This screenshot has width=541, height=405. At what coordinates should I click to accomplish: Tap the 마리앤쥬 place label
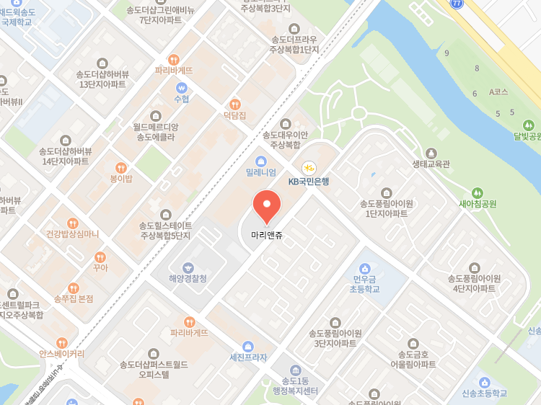click(267, 235)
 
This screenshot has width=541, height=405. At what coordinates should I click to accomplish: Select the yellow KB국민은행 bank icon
click(309, 167)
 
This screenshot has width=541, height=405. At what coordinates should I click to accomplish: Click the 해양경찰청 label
click(188, 278)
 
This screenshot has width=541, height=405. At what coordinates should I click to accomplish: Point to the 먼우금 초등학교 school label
click(365, 283)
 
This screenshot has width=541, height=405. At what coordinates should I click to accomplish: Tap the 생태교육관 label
click(431, 164)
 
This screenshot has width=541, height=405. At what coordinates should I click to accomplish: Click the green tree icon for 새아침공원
click(478, 192)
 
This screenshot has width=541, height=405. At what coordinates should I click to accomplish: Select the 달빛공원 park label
click(527, 135)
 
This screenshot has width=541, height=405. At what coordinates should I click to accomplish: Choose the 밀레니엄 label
click(261, 172)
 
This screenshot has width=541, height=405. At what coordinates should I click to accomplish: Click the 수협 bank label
click(181, 99)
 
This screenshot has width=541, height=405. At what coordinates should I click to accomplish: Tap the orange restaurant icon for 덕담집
click(234, 104)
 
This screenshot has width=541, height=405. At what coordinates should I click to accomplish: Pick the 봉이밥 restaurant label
click(120, 178)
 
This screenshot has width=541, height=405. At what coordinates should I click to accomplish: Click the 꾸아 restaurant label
click(100, 267)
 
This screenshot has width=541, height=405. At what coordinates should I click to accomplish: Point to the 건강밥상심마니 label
click(72, 233)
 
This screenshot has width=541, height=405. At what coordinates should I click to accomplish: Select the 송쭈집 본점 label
click(74, 298)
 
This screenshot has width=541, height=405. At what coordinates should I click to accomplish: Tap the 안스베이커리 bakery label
click(61, 354)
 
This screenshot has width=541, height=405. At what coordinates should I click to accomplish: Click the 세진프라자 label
click(248, 357)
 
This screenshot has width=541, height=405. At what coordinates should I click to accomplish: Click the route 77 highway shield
click(457, 4)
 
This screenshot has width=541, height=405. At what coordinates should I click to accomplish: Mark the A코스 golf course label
click(498, 92)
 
